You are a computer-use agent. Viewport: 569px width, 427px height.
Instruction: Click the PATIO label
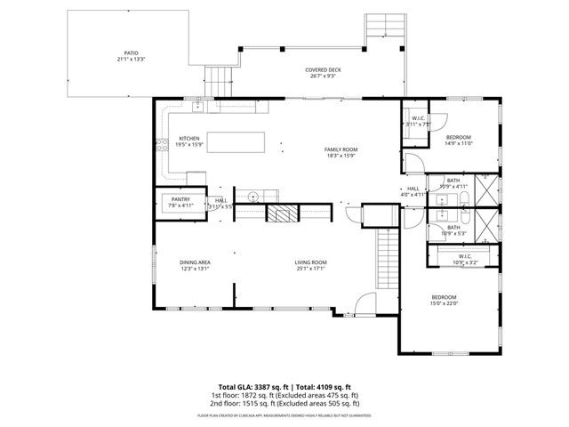[x=130, y=53]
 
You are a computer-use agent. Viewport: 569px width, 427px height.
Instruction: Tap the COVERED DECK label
[x=323, y=70]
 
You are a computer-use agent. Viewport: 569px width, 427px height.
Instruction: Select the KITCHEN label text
[x=189, y=139]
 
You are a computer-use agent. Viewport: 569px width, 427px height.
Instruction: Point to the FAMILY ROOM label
[x=340, y=149]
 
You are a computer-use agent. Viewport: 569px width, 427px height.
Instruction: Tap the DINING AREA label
[x=194, y=262]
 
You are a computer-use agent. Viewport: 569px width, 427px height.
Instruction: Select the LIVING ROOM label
[x=311, y=262]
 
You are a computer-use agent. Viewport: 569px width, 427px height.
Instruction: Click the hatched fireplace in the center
[x=282, y=213]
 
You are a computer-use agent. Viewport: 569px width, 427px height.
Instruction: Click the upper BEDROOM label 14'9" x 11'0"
[x=458, y=137]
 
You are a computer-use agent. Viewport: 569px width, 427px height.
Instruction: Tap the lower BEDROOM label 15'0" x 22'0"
[x=444, y=297]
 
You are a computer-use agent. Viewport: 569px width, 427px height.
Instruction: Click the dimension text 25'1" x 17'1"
[x=311, y=269]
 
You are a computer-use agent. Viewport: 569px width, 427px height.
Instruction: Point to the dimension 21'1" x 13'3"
[x=130, y=60]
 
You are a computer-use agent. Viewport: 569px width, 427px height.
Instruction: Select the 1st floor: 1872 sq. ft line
[x=284, y=395]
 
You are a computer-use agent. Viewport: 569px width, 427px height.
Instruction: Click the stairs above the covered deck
[x=384, y=30]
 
